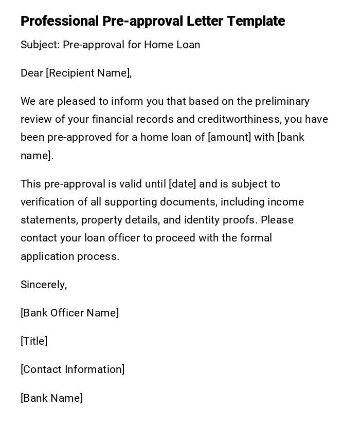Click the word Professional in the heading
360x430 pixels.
(60, 22)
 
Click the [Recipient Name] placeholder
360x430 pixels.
(88, 73)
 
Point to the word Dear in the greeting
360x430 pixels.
(32, 73)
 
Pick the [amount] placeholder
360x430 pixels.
(229, 138)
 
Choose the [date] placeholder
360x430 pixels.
(182, 184)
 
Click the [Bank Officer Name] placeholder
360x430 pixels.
(70, 313)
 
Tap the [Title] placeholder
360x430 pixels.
(34, 341)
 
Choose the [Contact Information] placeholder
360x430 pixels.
(73, 369)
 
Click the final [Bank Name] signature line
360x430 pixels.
(52, 398)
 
